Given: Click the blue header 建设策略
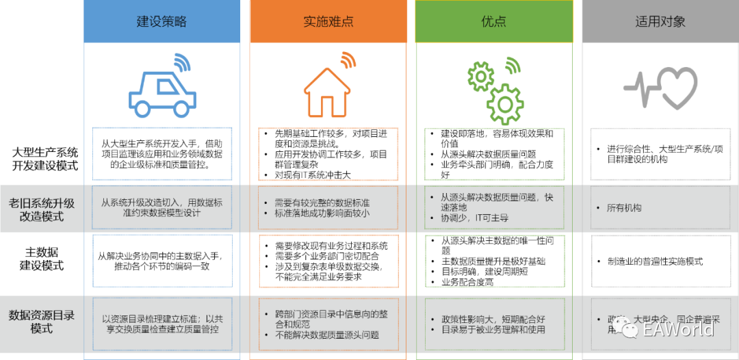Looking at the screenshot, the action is tap(161, 21).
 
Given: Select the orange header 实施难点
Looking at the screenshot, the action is tap(327, 21).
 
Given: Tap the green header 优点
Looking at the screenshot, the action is tap(493, 21).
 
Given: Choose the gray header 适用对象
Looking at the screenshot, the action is tap(660, 21).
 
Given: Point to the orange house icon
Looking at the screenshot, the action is tap(327, 93).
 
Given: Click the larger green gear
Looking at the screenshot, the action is tap(506, 105).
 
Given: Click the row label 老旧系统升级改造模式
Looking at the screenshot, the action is tap(42, 209).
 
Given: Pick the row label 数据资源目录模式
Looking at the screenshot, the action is tap(42, 322).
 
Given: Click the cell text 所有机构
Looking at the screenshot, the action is tap(623, 208).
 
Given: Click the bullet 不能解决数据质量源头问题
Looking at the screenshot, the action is tap(326, 335).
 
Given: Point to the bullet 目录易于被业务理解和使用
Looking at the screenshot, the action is tap(488, 330).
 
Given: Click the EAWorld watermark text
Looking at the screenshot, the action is tap(678, 329).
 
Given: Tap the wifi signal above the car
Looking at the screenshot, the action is tap(181, 62).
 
